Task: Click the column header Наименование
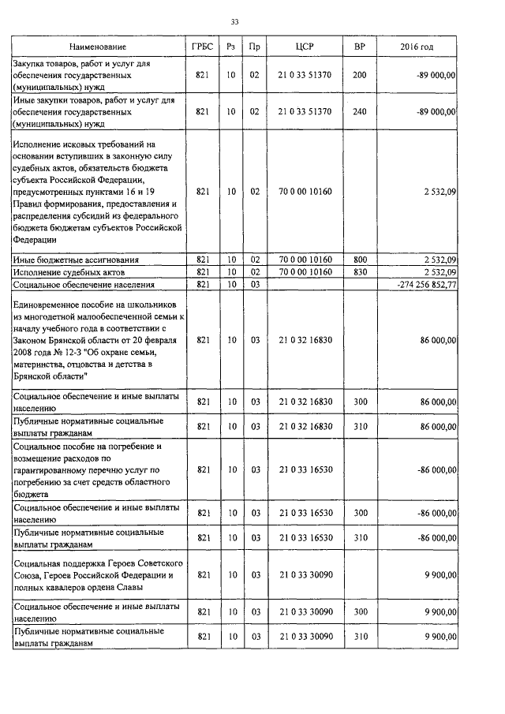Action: [96, 47]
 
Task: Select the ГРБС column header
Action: [201, 47]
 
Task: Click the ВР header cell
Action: [359, 47]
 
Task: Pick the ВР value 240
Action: [359, 112]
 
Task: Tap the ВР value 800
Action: [359, 259]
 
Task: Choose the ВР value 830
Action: [359, 271]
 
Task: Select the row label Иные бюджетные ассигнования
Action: [76, 259]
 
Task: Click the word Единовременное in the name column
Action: [50, 305]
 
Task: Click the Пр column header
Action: [254, 47]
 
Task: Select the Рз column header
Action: [230, 47]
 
